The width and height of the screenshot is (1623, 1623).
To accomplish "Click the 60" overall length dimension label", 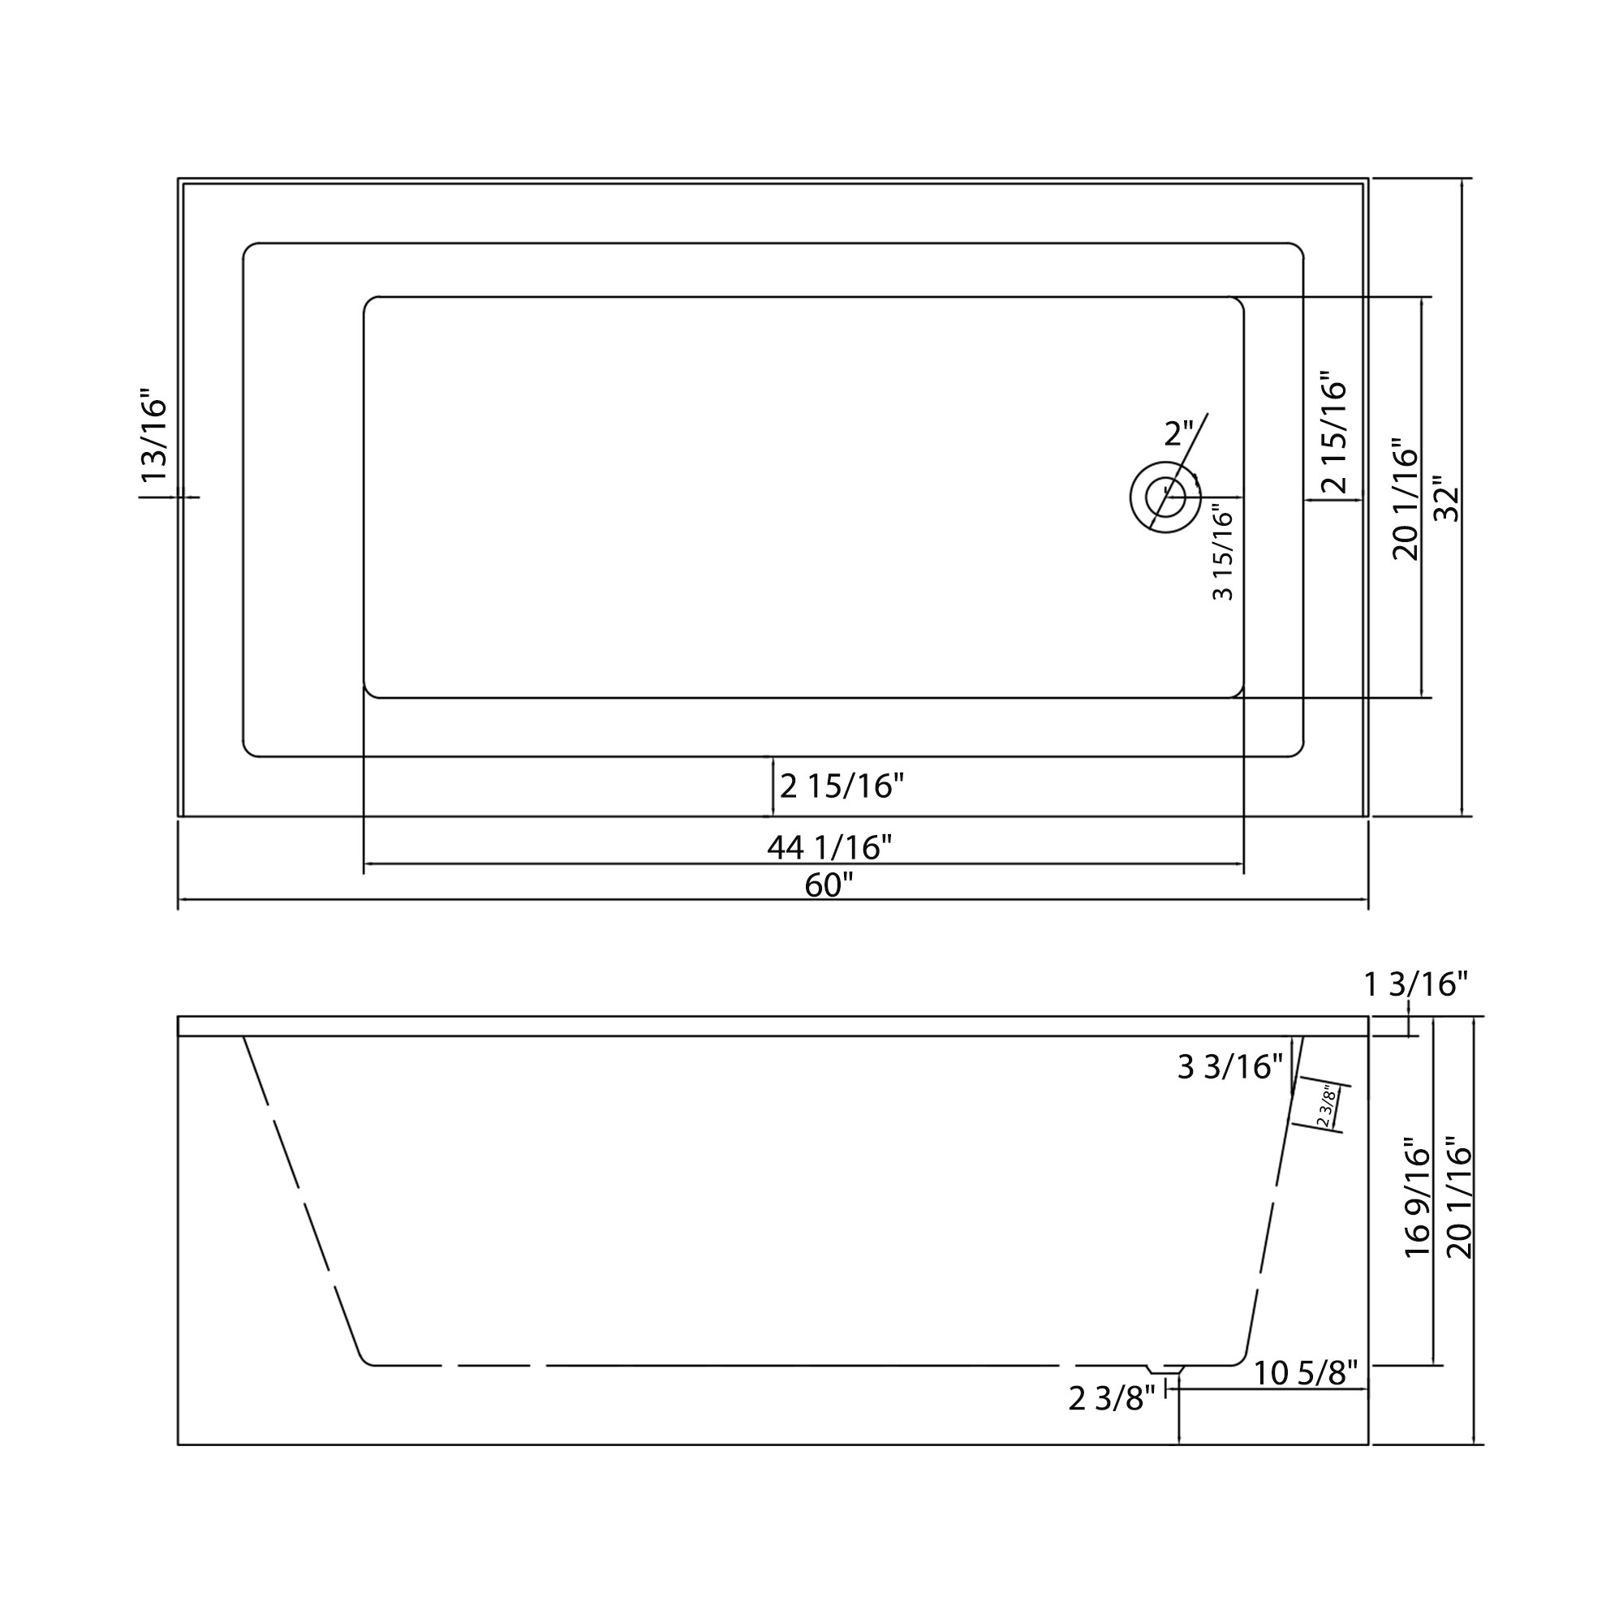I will (829, 885).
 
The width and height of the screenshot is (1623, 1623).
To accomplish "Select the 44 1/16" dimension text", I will (829, 846).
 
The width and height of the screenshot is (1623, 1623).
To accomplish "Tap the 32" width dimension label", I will (1447, 499).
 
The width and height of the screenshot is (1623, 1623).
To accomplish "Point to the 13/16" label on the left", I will (154, 435).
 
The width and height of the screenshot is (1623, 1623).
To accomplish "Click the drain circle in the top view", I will (1165, 497).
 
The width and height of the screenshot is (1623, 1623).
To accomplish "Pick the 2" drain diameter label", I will (1177, 433).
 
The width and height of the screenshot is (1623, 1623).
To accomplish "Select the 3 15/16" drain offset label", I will (1223, 551).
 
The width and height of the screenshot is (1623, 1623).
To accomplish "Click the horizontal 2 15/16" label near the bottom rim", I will (841, 786).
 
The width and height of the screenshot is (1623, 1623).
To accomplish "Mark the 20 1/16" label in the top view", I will (1405, 499).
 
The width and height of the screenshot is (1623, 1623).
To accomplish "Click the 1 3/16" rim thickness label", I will (1415, 984).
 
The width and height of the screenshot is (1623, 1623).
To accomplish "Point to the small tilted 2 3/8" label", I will (1325, 1107).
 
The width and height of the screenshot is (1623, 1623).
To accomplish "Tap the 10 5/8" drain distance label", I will (1306, 1374).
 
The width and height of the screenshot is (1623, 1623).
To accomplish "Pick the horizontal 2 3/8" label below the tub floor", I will (1112, 1399).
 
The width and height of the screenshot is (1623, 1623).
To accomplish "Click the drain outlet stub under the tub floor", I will (1165, 1369).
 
